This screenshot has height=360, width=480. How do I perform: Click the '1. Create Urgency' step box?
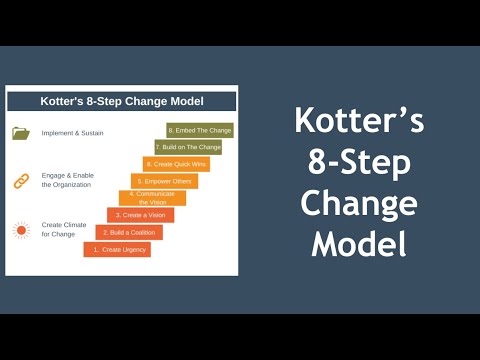[117, 249]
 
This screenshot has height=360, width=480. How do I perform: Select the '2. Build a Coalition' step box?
[129, 232]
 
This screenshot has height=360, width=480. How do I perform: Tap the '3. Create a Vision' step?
[141, 215]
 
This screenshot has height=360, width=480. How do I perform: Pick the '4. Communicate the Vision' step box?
[152, 198]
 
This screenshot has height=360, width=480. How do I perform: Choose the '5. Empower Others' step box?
[164, 181]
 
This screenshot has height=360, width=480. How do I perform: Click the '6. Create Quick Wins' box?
[176, 164]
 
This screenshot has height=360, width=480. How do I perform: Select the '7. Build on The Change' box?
[188, 147]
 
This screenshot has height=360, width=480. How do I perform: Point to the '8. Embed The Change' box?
[200, 130]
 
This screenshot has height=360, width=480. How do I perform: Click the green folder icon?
[21, 132]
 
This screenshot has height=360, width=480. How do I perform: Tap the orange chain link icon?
[21, 181]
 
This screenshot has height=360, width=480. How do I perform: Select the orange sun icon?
[21, 230]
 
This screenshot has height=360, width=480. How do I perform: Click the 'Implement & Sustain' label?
[72, 133]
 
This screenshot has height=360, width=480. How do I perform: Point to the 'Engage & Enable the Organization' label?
[68, 181]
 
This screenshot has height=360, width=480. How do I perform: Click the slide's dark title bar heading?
[122, 101]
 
